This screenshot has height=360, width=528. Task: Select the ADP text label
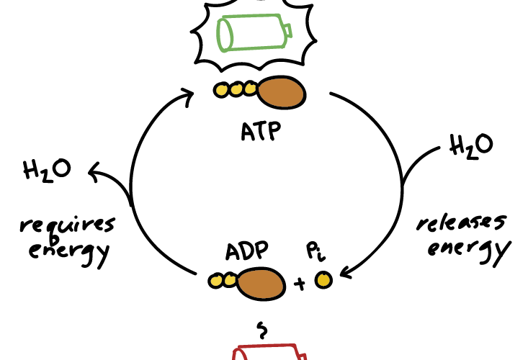pos(246,251)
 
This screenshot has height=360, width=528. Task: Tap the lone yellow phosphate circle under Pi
pos(323,279)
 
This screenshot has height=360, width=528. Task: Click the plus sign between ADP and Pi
pos(300,284)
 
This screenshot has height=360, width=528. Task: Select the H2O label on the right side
pos(471,145)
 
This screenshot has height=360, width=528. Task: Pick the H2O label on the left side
pos(48,172)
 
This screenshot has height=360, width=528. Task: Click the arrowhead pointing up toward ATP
pos(188,95)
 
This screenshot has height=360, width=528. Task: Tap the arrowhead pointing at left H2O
pos(91,170)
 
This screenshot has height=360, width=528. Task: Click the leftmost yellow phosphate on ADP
pos(214,282)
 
